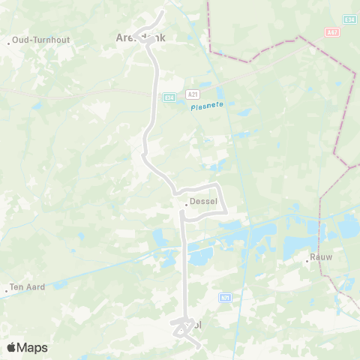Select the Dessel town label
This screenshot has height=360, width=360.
pos(202,201)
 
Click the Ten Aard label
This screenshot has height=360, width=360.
pos(28,287)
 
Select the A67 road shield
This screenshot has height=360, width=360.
pos(332,32)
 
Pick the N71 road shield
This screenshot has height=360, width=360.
pos(226,298)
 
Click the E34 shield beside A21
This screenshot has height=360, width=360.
pos(170,97)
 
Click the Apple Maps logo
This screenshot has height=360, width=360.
pos(27,347)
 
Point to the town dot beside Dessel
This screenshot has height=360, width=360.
pos(185,201)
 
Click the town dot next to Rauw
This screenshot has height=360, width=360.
pos(307,260)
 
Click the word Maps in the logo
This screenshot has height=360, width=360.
pos(32,347)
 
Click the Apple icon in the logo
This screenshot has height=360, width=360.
pos(11,347)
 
